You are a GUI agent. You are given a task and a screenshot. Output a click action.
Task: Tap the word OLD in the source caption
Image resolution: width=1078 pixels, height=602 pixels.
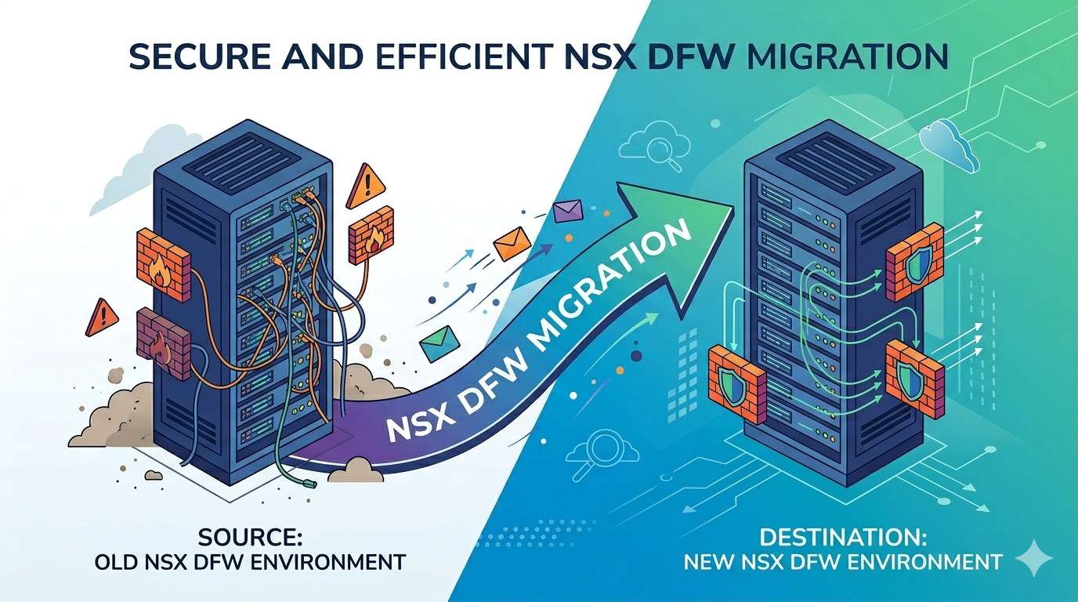coord(116,562)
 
